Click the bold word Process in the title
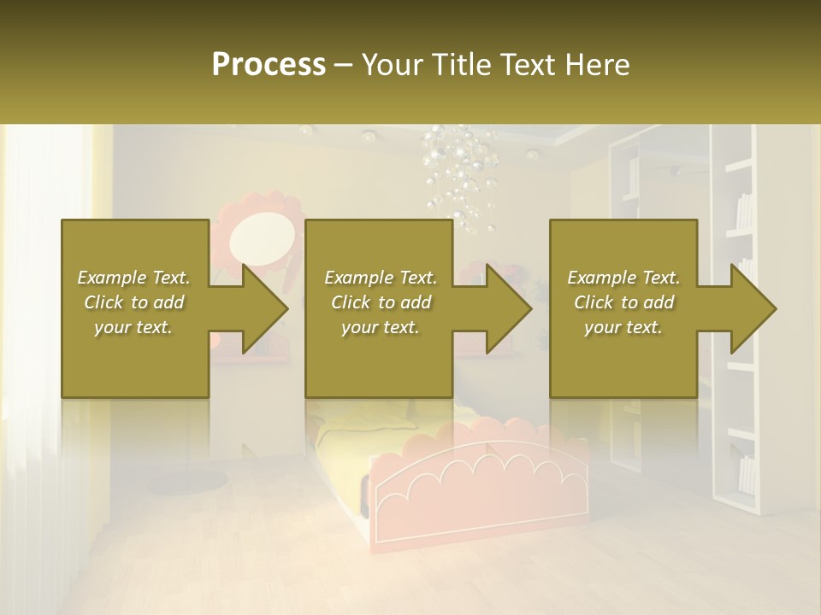coord(269,65)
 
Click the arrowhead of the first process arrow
coord(265,308)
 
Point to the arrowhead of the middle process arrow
coord(509,308)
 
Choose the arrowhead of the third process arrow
coord(753,308)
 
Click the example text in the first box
coord(133,302)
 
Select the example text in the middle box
coord(381,302)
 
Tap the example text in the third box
coord(623,302)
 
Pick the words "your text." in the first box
coord(133,327)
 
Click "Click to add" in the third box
coord(623,302)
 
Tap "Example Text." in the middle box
coord(381,278)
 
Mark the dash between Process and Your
coord(344,65)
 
